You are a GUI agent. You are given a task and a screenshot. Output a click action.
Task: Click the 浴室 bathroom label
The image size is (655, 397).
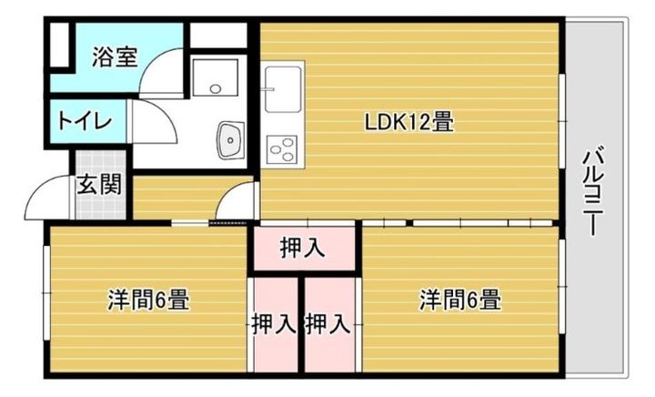click(115, 57)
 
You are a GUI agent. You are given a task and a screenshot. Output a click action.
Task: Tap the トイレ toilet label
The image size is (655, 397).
click(84, 121)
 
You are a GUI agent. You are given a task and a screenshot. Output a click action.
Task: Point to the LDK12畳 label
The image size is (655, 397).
click(409, 121)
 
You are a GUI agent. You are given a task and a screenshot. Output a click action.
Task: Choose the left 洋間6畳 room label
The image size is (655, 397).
click(148, 299)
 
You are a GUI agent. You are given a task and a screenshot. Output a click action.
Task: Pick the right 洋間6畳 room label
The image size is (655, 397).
click(459, 299)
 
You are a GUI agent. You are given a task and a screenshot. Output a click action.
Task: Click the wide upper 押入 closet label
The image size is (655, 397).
click(303, 247)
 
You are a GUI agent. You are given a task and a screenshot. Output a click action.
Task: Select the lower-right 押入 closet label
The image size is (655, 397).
click(328, 322)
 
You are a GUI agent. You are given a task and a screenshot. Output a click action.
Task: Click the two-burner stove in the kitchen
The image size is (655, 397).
click(282, 148)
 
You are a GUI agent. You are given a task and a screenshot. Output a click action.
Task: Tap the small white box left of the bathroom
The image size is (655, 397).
click(59, 46)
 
